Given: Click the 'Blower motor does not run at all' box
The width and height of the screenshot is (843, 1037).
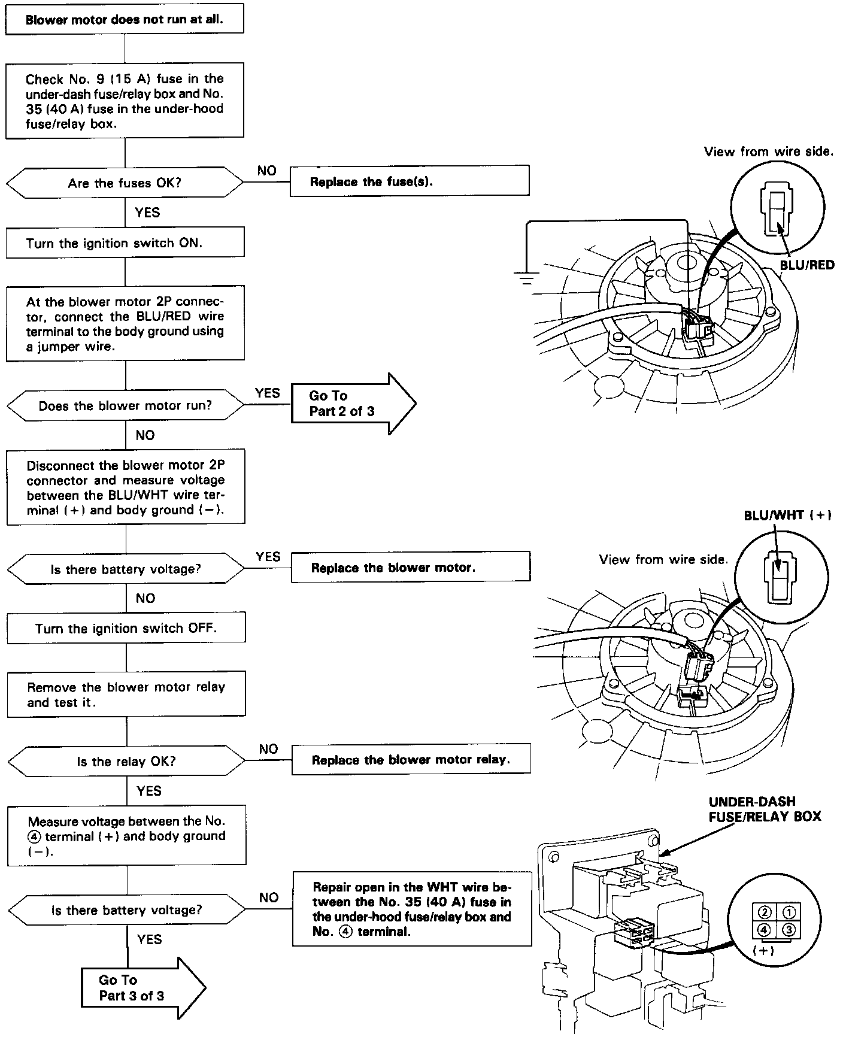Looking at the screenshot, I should tap(125, 19).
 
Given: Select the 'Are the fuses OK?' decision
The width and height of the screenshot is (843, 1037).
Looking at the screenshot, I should tap(125, 183).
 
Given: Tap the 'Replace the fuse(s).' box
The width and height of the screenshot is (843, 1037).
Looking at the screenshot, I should tap(410, 181).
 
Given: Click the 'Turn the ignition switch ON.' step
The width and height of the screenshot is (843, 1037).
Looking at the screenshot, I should tap(125, 243).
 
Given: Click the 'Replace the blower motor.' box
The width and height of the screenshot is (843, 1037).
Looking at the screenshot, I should tap(411, 567).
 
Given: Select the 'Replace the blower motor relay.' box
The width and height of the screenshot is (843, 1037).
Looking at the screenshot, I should tap(411, 760).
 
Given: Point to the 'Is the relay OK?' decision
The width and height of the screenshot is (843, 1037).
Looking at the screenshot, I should tap(126, 762).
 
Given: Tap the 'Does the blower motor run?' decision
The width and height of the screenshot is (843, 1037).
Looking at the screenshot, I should tap(125, 406).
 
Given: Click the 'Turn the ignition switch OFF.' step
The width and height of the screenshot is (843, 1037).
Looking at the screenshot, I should tap(126, 628).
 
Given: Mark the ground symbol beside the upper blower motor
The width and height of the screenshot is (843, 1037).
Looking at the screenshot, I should tap(526, 277).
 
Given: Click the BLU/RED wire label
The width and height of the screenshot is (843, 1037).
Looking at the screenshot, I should tap(806, 265).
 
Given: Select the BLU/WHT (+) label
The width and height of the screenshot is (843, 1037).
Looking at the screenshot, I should tap(787, 516).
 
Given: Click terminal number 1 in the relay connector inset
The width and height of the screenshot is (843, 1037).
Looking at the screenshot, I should tap(790, 912).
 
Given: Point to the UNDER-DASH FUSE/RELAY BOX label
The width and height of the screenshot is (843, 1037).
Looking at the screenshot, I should tap(765, 809).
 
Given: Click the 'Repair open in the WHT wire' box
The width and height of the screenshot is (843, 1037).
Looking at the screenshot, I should tap(412, 909).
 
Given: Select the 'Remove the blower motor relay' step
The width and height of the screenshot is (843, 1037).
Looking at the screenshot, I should tap(126, 695).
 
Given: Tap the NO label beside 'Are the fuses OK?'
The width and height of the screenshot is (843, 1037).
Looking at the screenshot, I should tap(267, 171).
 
